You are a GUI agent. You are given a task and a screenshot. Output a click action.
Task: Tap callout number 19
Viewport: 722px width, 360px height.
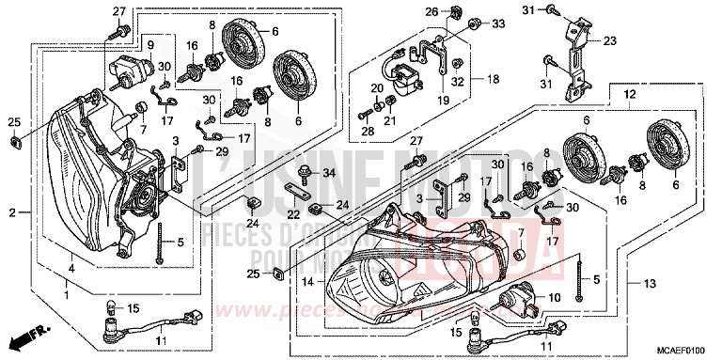pos(443,99)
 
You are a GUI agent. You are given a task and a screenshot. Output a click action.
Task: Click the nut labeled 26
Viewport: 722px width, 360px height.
pos(455,12)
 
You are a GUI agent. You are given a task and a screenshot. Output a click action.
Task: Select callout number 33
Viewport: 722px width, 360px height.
pos(497,23)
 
